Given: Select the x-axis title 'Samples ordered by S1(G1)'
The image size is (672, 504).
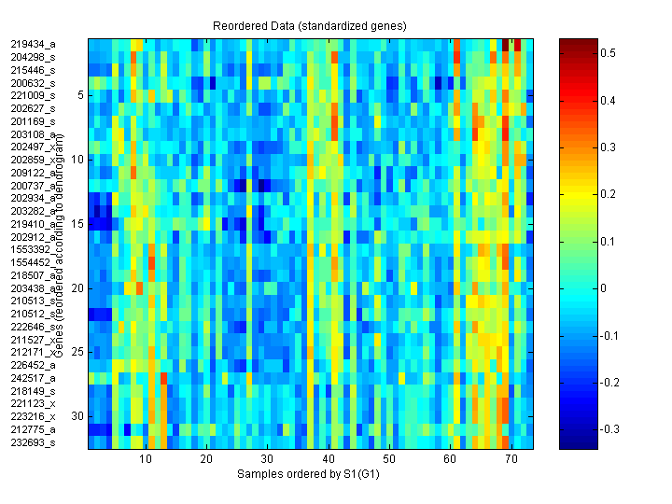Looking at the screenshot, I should (308, 474).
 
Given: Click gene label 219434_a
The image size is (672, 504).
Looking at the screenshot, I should (34, 44).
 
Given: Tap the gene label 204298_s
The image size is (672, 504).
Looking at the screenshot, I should (34, 57).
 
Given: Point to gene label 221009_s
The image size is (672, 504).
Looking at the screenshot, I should (34, 95).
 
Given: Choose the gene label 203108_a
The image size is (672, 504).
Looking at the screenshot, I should (34, 133).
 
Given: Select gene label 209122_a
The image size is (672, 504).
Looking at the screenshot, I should (34, 172).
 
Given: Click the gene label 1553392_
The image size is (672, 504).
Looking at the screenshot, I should (34, 249).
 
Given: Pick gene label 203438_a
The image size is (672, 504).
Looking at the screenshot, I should (34, 287).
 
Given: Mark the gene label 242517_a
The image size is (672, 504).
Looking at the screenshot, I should (34, 378).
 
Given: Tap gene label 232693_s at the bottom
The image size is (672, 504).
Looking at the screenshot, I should (34, 442).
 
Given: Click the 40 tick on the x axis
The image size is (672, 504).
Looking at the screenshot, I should (329, 460).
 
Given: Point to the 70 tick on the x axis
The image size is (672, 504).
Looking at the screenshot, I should (511, 460).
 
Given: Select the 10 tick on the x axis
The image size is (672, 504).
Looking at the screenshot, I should (146, 460).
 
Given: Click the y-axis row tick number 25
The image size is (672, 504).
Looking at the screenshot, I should (78, 352).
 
